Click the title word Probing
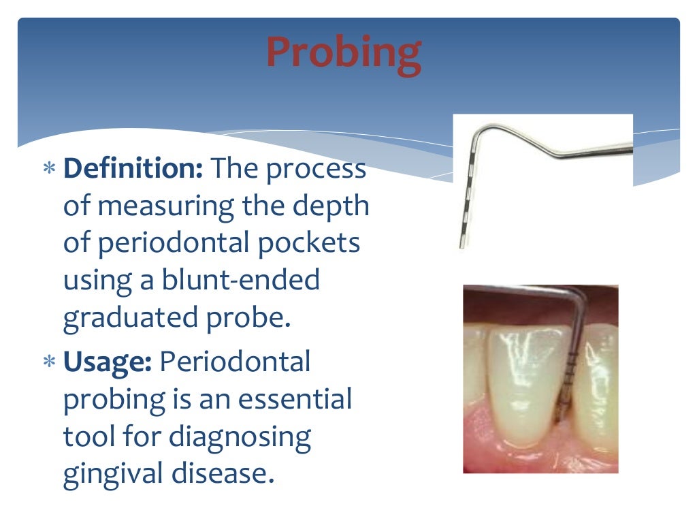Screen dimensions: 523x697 click(x=343, y=52)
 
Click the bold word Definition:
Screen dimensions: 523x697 click(x=133, y=169)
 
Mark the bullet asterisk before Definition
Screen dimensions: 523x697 click(x=49, y=170)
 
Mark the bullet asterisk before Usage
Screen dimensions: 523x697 click(x=49, y=364)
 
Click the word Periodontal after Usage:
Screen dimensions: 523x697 click(x=235, y=362)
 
